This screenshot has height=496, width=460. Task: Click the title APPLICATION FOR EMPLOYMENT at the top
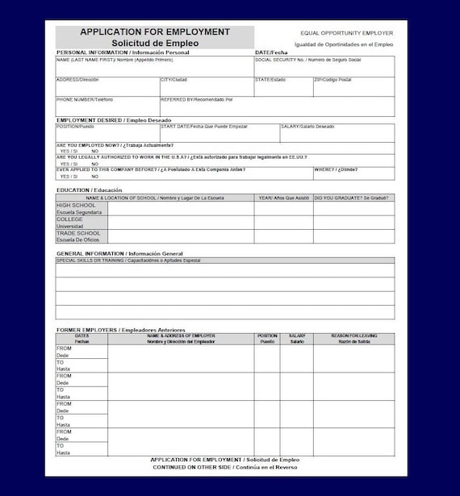pos(155,32)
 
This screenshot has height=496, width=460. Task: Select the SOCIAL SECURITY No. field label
pos(307,60)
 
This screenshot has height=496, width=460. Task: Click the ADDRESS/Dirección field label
pos(77,80)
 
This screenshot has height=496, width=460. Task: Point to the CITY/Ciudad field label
pos(174,80)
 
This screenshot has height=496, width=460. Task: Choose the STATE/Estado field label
pos(270,80)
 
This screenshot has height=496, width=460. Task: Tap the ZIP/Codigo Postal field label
pos(332,80)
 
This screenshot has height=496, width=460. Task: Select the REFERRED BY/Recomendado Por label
pos(197,100)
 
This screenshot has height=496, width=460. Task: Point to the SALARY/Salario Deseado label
pos(307,127)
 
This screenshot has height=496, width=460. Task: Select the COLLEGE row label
pos(69,219)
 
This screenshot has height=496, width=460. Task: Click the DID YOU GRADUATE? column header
pos(352,198)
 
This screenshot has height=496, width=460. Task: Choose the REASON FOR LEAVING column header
pos(353,336)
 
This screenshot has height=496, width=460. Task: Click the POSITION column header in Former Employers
pos(267,336)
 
